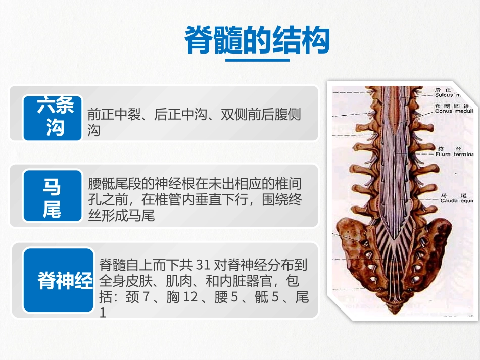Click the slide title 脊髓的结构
pyautogui.click(x=257, y=40)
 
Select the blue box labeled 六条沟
pyautogui.click(x=52, y=117)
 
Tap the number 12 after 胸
pyautogui.click(x=190, y=297)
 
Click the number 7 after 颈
pyautogui.click(x=146, y=297)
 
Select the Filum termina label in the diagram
pyautogui.click(x=454, y=154)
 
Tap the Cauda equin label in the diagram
pyautogui.click(x=454, y=200)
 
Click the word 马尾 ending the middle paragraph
pyautogui.click(x=141, y=216)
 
